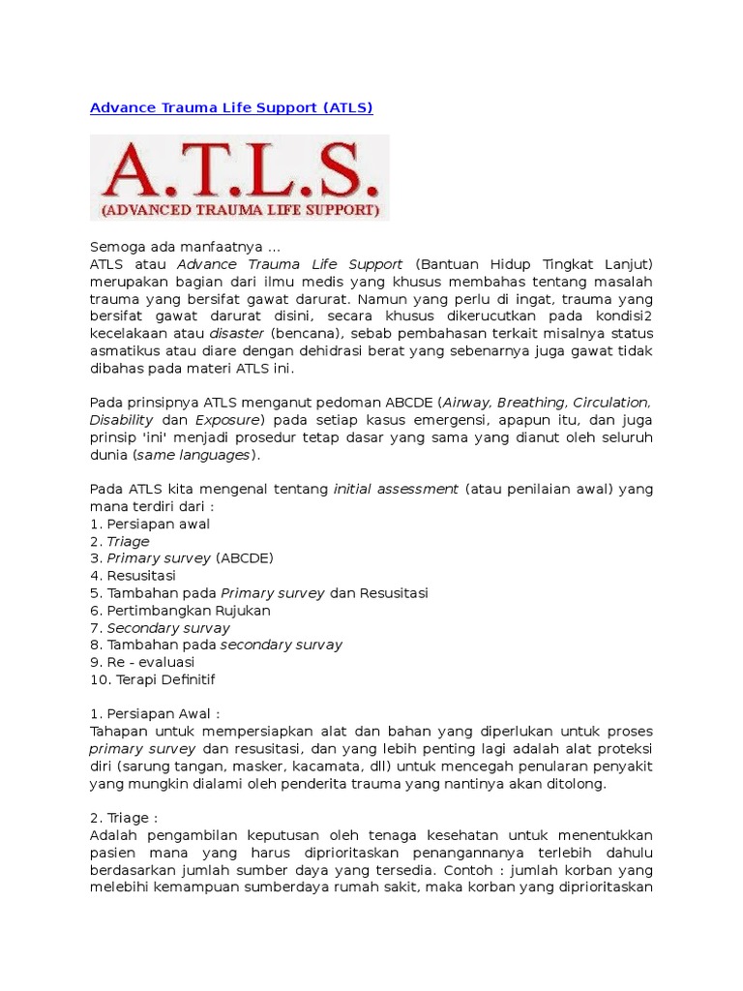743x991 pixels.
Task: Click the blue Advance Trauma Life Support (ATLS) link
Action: click(231, 108)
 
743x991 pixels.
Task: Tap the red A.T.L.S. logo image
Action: click(240, 178)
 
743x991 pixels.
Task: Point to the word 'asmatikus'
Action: click(123, 351)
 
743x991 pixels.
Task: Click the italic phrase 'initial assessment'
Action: click(396, 490)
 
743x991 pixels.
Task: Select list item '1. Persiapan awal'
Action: click(150, 525)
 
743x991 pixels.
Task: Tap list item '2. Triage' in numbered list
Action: click(120, 542)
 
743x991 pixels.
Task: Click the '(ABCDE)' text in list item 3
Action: click(245, 559)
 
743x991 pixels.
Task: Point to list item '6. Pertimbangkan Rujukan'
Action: click(180, 612)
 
